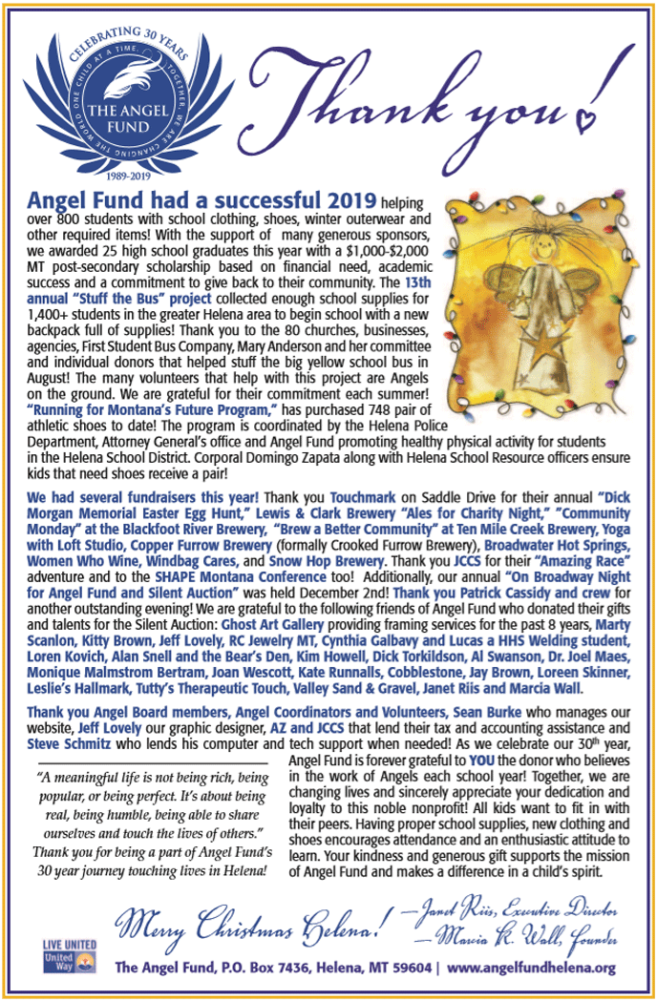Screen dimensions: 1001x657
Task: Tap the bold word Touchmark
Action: click(x=360, y=498)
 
